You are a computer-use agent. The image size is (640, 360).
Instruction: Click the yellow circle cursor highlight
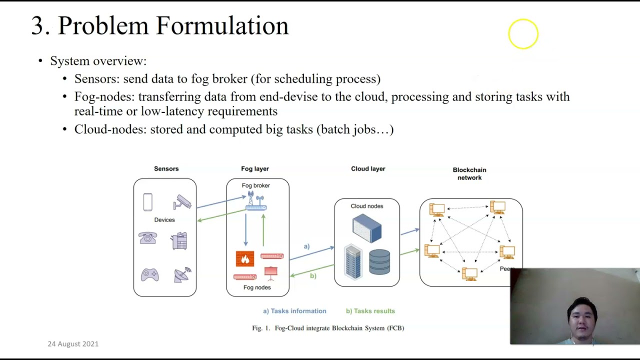click(523, 34)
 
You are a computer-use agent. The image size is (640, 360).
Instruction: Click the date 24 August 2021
click(73, 344)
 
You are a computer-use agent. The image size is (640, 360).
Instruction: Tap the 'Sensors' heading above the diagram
click(166, 169)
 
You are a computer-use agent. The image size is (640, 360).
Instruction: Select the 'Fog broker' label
click(255, 185)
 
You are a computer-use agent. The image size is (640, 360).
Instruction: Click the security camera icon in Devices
click(182, 202)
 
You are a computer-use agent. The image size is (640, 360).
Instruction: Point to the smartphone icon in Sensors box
click(147, 202)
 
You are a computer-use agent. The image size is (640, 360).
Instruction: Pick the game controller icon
click(149, 275)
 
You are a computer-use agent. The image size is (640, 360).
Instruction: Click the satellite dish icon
click(182, 274)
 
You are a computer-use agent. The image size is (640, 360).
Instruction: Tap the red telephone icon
click(148, 238)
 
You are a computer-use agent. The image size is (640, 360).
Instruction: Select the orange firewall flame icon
click(245, 258)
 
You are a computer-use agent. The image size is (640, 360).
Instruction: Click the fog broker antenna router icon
click(256, 202)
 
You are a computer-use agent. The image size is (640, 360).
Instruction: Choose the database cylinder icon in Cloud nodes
click(379, 262)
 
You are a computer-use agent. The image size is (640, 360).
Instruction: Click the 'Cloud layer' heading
click(368, 169)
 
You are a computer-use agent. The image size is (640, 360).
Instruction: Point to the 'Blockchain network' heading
click(469, 173)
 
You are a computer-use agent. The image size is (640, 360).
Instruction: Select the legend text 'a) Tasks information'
click(294, 311)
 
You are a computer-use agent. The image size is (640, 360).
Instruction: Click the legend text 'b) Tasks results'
click(370, 311)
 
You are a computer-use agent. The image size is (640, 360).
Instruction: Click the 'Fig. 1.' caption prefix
click(261, 328)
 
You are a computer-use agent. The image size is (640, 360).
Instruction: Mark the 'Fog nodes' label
click(257, 287)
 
